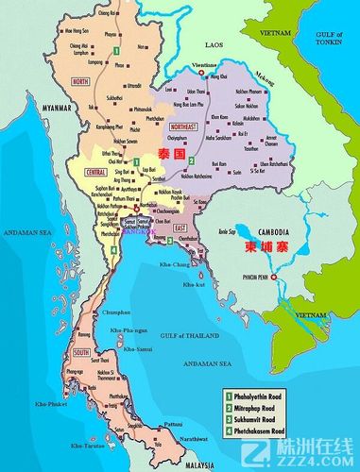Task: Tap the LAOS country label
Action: (x=215, y=44)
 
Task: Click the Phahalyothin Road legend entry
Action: (x=268, y=394)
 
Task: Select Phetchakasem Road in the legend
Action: (x=268, y=430)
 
